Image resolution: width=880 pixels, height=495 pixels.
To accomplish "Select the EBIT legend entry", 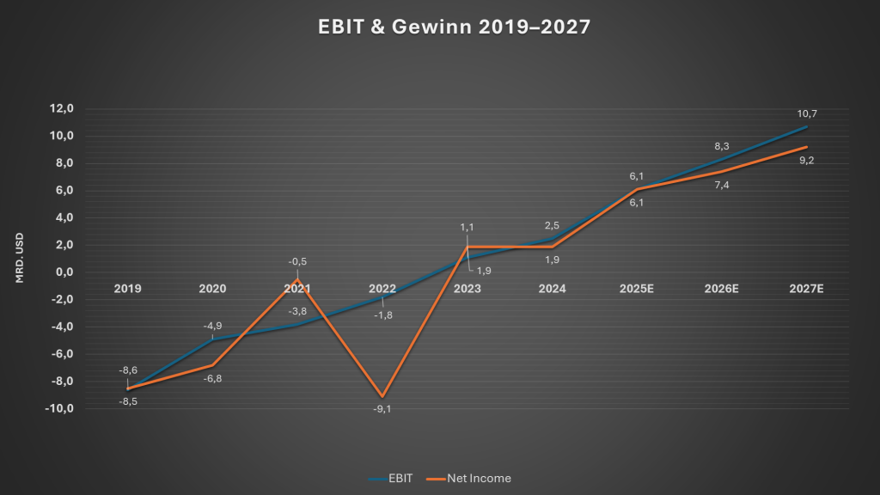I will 391,478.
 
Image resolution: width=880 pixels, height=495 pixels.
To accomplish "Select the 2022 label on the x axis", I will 382,289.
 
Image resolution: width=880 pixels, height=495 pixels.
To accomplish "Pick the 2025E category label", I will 637,289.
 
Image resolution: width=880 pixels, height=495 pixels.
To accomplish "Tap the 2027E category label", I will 806,289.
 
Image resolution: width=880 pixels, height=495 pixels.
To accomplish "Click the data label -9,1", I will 382,409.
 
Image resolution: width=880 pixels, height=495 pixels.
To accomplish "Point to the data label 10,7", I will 806,113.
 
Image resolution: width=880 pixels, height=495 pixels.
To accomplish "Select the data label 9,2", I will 806,161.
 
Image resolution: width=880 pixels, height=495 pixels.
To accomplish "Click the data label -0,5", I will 297,262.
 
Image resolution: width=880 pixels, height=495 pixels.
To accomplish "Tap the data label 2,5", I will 552,225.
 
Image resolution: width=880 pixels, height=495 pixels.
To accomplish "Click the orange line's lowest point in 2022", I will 382,396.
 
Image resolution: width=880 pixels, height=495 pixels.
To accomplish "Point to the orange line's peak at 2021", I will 297,279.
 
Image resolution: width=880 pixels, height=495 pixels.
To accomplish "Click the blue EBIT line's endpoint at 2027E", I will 806,126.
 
